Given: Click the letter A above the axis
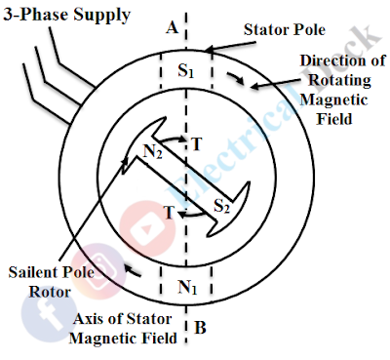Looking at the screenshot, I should tap(171, 28).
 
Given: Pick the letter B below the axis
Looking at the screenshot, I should tap(199, 329).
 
